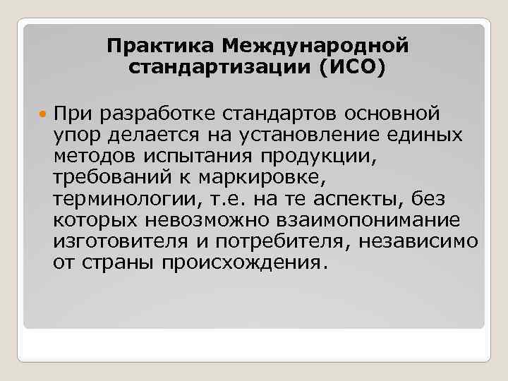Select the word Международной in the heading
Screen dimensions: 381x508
tap(315, 47)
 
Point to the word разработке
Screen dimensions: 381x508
tap(158, 114)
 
